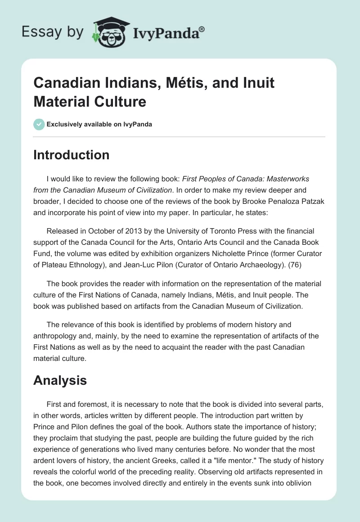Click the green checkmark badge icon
tap(39, 124)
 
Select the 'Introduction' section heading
tap(71, 155)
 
